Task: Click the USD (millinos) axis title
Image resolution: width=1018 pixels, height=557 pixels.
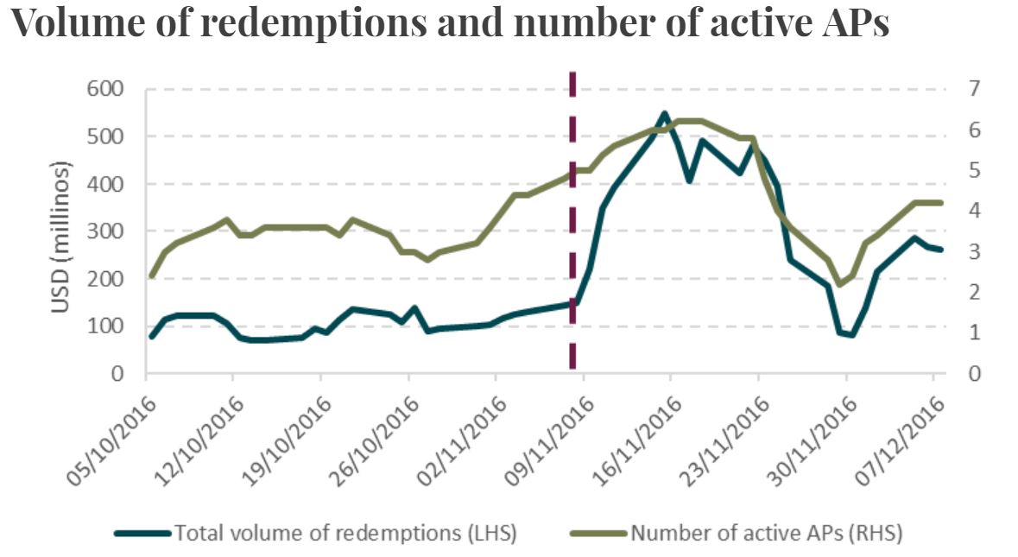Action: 61,231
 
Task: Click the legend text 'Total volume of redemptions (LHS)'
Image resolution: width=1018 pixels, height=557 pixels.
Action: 345,533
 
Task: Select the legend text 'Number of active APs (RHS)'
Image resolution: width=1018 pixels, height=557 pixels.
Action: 767,533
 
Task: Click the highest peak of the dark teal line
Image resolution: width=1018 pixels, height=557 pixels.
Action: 664,113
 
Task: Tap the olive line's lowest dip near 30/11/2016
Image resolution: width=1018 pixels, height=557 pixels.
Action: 838,284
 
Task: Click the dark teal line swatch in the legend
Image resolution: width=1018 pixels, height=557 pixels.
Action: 142,533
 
